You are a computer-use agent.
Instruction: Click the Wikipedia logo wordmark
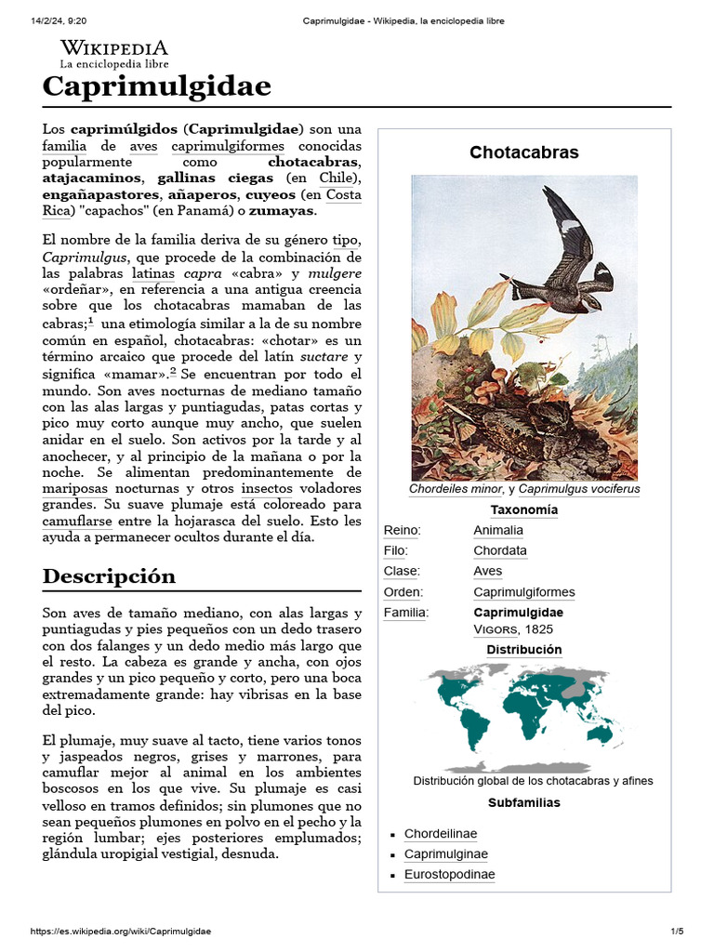(113, 48)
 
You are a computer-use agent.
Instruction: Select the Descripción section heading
(109, 575)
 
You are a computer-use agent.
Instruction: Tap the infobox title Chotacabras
(523, 152)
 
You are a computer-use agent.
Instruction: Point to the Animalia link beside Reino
(497, 530)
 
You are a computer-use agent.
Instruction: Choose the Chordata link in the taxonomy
(499, 550)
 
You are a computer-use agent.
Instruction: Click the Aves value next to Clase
(487, 571)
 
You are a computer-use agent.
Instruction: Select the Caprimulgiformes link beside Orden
(523, 592)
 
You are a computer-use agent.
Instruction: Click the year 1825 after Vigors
(538, 629)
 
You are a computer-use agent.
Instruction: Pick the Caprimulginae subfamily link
(445, 854)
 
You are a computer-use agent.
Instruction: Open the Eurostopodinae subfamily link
(449, 875)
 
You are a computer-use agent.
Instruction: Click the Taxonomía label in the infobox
(524, 509)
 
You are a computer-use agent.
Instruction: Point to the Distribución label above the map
(524, 649)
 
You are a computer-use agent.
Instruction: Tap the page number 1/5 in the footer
(677, 932)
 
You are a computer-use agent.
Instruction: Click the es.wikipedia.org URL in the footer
(121, 932)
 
